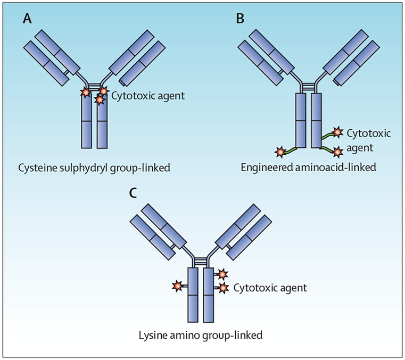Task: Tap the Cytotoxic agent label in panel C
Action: pos(270,288)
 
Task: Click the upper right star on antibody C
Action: pos(223,274)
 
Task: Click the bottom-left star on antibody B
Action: pos(278,153)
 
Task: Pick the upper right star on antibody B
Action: pos(336,132)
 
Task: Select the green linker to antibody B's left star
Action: pos(288,150)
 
